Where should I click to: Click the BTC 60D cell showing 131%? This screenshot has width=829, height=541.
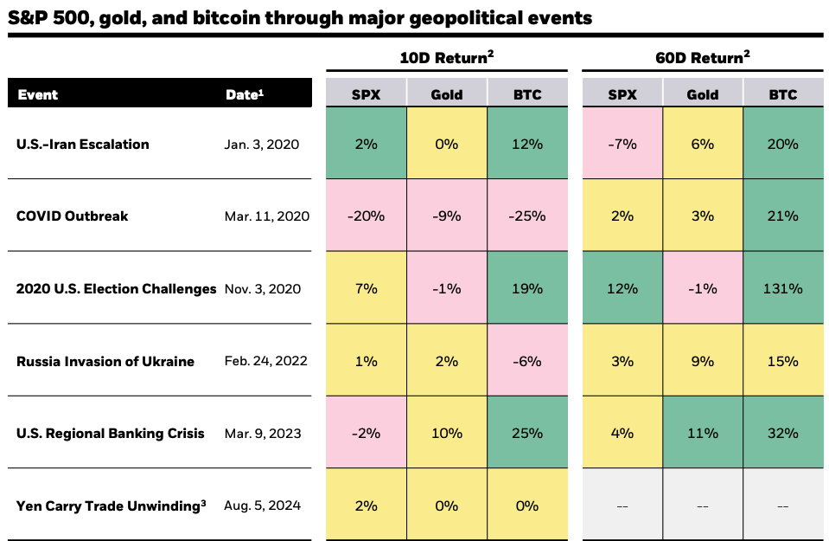tap(783, 288)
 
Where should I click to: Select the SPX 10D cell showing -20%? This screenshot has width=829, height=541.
tap(366, 216)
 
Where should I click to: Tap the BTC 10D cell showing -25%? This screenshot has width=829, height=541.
tap(527, 216)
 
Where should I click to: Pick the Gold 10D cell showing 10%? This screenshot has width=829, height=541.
tap(447, 433)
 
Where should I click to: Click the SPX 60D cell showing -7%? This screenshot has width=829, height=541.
tap(622, 144)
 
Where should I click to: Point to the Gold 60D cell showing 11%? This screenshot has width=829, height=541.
tap(703, 433)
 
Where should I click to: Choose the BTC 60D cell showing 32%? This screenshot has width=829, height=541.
tap(783, 433)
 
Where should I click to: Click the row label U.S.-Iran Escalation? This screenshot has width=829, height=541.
tap(83, 144)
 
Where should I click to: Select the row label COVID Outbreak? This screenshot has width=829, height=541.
tap(72, 216)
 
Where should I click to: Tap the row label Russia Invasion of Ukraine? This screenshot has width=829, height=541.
tap(105, 361)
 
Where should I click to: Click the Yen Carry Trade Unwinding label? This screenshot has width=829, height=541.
tap(111, 506)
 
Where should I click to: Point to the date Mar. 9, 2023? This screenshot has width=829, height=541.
tap(262, 433)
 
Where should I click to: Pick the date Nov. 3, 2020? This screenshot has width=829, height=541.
tap(262, 288)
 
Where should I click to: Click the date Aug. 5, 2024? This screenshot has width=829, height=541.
tap(262, 506)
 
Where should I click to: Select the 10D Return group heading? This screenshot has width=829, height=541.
tap(447, 59)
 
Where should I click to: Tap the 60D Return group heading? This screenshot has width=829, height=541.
tap(703, 59)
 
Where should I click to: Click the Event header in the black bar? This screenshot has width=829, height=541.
tap(38, 94)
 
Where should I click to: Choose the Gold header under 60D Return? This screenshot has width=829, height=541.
tap(703, 94)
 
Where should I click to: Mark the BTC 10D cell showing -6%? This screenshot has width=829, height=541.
tap(527, 361)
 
